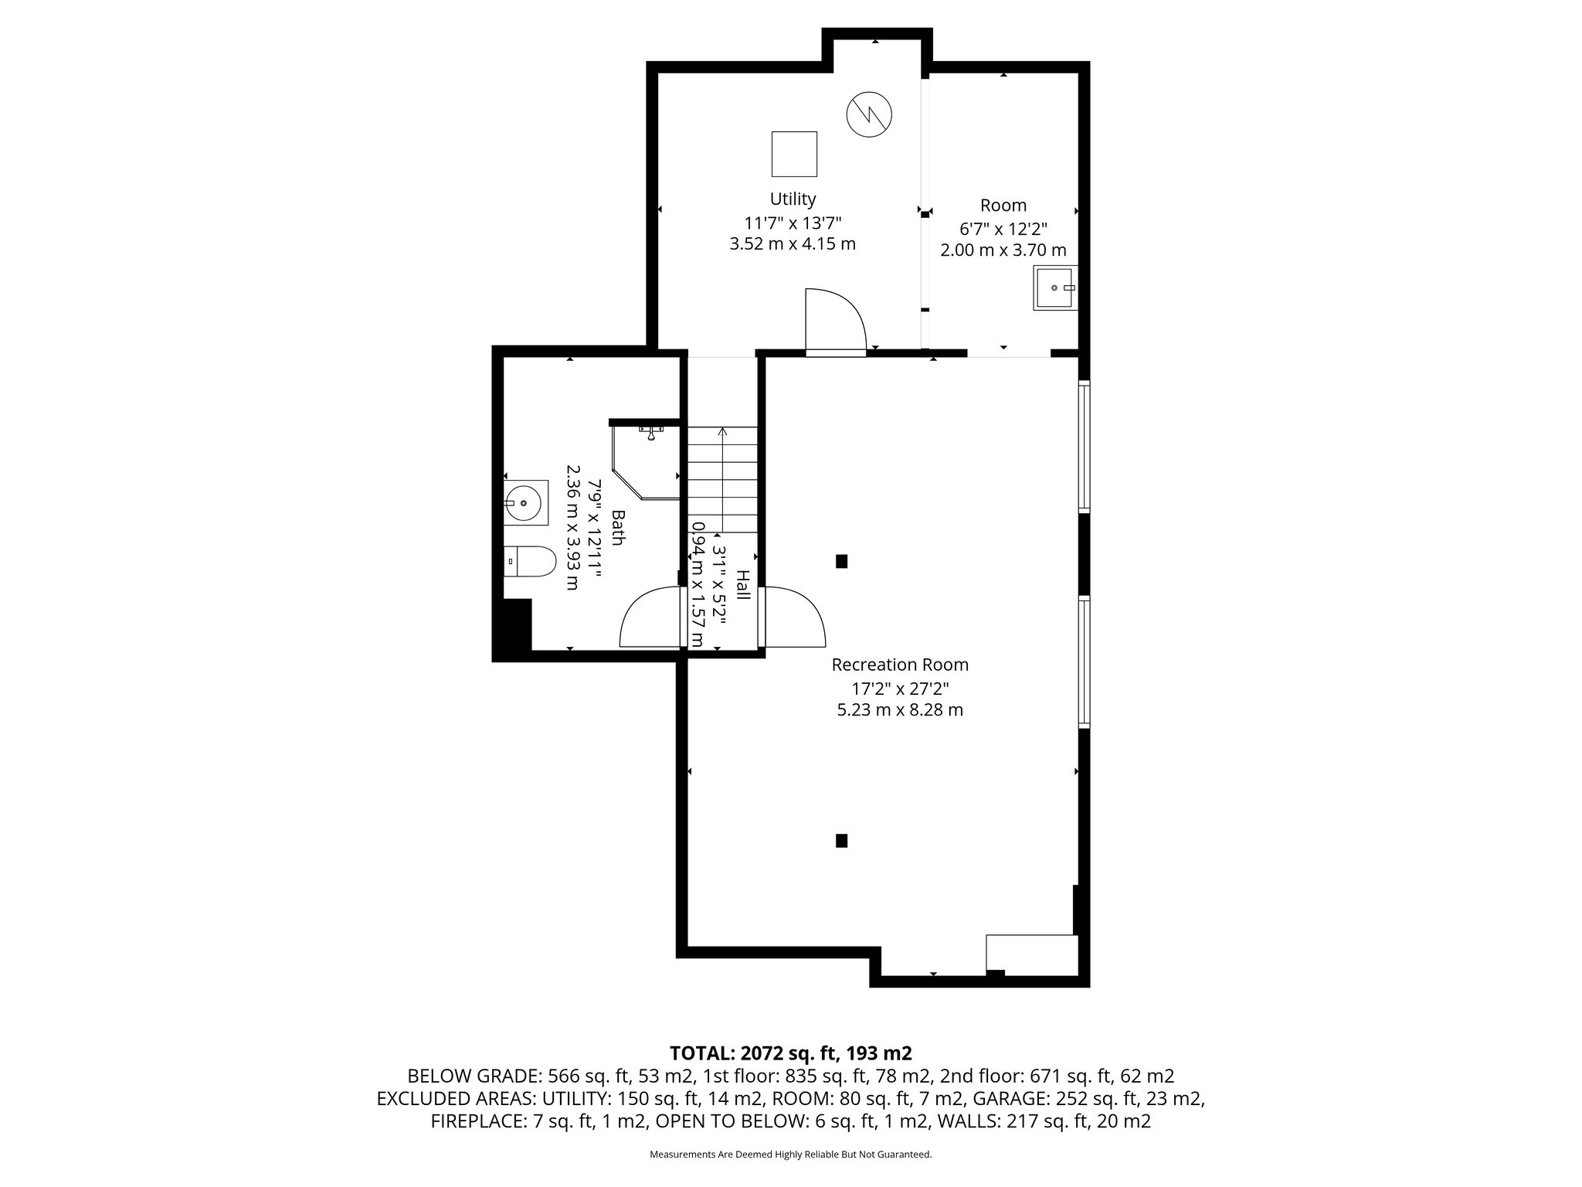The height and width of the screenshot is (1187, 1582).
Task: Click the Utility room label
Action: click(793, 199)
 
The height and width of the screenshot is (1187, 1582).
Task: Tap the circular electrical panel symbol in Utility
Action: click(869, 114)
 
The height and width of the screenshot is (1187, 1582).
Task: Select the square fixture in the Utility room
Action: click(794, 154)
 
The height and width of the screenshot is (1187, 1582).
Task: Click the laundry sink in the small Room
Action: click(1054, 287)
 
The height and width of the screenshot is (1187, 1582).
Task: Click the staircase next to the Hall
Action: click(722, 479)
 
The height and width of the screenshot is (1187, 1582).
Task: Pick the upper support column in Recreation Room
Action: click(842, 562)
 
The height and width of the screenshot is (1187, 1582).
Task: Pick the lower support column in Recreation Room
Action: click(842, 840)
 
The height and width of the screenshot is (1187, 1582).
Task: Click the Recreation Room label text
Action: click(900, 665)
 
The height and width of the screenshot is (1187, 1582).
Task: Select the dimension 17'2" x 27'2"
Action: click(900, 688)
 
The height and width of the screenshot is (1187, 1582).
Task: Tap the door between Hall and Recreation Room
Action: click(792, 617)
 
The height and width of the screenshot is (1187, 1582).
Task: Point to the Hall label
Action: click(742, 585)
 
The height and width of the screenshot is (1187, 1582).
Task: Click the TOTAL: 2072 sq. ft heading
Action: click(791, 1053)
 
